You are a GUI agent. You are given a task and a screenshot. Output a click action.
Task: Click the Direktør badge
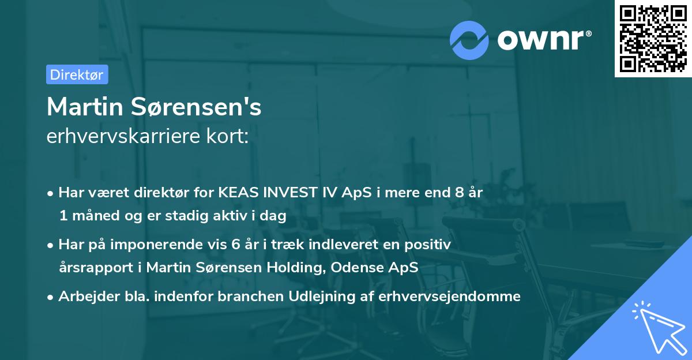click(77, 74)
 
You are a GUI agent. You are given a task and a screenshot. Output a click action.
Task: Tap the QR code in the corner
click(653, 39)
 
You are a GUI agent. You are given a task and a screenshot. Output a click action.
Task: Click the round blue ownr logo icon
click(469, 39)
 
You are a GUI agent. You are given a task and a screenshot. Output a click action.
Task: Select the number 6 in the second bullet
click(235, 245)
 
